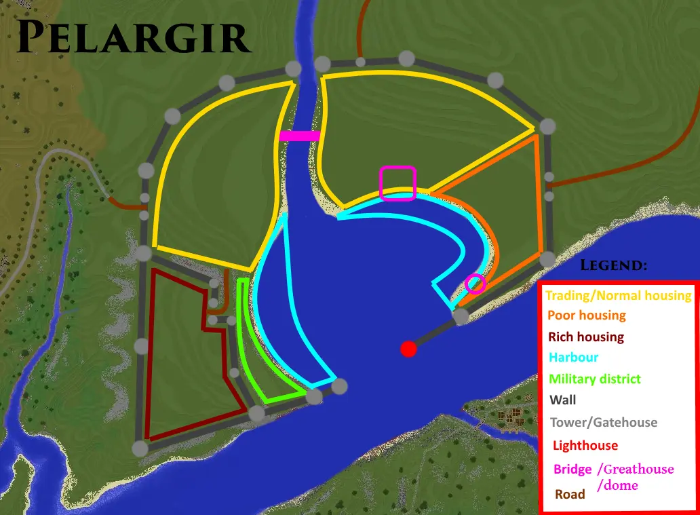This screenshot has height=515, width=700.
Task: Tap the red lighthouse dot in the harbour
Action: tap(408, 349)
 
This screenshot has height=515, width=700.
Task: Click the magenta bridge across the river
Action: tap(299, 136)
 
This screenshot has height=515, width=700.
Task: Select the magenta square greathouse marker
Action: tap(397, 183)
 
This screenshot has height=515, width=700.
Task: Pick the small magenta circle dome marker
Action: tap(475, 283)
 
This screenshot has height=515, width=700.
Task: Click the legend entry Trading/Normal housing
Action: tap(618, 295)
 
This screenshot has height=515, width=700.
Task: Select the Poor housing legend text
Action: tap(587, 316)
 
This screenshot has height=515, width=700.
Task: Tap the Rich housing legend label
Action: tap(585, 337)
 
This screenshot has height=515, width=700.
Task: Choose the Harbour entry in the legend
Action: tap(574, 358)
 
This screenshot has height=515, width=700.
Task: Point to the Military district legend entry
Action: tap(594, 379)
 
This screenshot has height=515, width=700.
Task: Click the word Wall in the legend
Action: tap(563, 400)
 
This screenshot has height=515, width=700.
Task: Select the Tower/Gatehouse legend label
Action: tap(604, 422)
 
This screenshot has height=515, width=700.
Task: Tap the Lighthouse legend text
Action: tap(585, 445)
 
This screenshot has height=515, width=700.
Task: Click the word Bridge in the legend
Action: tap(572, 469)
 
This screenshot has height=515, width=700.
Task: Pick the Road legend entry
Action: tap(570, 494)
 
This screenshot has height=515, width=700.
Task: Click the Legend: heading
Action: tap(613, 265)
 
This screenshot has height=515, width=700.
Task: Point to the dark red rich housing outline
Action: tap(151, 353)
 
